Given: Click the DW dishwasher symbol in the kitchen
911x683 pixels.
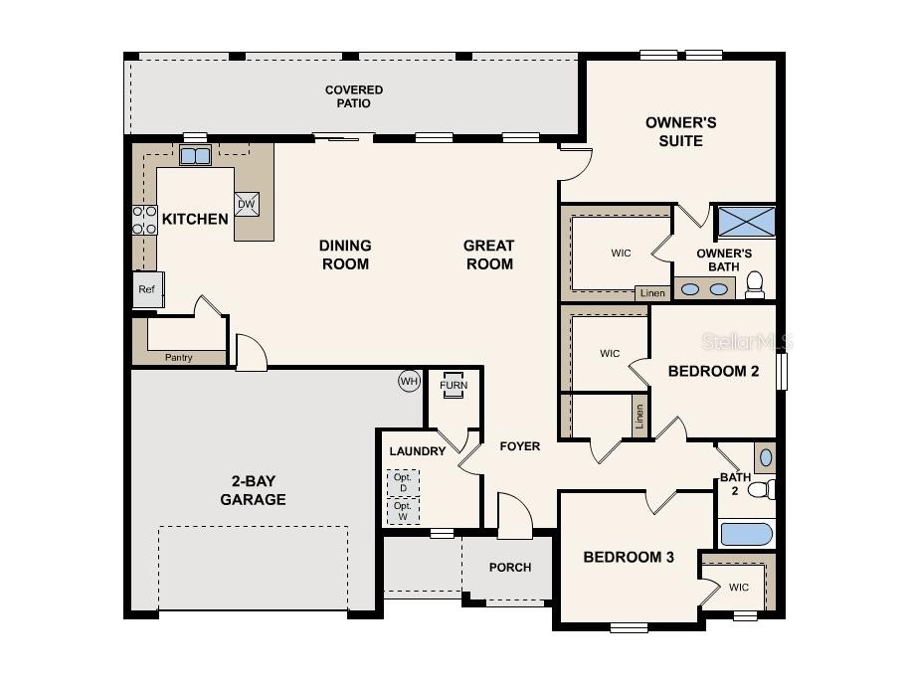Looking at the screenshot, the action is [x=247, y=204].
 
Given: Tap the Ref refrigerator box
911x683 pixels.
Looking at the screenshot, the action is [x=148, y=289].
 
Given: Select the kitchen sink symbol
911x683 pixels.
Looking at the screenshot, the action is [x=195, y=155].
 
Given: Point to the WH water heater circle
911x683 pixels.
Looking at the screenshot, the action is [x=409, y=381].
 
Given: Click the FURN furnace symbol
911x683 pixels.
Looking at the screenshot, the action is [x=454, y=385].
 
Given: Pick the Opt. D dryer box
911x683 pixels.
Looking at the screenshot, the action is [x=403, y=482].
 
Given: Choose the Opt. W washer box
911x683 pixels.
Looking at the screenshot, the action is [x=403, y=511].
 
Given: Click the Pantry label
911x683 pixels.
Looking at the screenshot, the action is [x=178, y=358].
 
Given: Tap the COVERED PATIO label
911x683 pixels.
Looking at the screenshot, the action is [x=354, y=96].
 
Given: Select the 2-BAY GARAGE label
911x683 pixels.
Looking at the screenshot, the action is [x=253, y=490].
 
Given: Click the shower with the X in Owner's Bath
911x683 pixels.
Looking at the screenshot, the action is [x=747, y=222].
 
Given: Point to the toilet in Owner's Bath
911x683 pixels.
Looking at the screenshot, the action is [x=755, y=284].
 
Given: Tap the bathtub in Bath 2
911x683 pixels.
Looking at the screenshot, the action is [x=747, y=534].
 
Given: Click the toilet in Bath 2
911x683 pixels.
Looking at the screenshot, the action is [x=762, y=489].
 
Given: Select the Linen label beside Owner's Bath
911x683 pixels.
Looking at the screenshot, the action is [x=652, y=293].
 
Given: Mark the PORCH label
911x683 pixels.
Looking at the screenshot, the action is [x=510, y=568].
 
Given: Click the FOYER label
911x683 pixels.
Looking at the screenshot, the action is [x=520, y=446].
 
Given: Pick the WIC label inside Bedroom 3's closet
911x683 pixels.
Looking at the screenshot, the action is [x=739, y=588].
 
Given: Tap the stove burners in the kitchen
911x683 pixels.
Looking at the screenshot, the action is [x=144, y=220].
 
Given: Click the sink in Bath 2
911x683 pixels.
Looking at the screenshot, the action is [x=766, y=457].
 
